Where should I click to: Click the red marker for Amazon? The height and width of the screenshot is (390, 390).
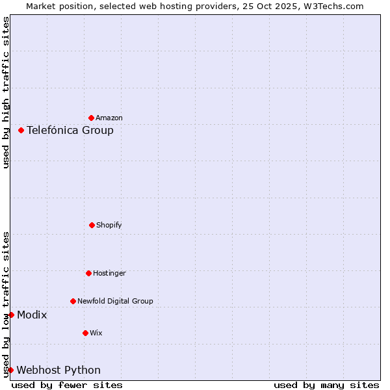(x=92, y=118)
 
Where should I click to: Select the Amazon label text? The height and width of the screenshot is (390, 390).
(x=109, y=118)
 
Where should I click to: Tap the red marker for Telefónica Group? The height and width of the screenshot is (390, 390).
(x=21, y=130)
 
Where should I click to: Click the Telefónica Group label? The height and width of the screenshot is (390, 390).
(x=70, y=131)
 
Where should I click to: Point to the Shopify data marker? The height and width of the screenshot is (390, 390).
(x=92, y=225)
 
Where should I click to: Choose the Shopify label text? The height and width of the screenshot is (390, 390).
(x=109, y=226)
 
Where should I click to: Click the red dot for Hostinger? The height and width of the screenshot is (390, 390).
(x=88, y=273)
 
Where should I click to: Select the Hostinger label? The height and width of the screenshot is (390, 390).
(x=109, y=274)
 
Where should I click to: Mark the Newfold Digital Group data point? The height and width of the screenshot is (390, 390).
(x=73, y=301)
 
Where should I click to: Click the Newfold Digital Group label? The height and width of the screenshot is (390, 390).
(x=115, y=302)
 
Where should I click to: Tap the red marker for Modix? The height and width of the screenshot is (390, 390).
(x=11, y=315)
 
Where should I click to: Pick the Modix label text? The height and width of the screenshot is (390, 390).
(x=32, y=315)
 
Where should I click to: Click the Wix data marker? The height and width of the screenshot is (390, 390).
(x=85, y=333)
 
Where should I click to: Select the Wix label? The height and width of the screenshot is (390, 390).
(x=96, y=333)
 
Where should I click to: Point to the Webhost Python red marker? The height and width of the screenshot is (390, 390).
(x=10, y=370)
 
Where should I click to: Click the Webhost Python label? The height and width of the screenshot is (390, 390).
(x=58, y=370)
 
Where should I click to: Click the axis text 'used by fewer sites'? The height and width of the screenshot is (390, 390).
(x=67, y=385)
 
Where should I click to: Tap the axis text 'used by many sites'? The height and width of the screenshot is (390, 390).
(x=326, y=385)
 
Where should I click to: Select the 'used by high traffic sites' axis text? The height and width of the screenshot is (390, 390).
(x=6, y=92)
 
